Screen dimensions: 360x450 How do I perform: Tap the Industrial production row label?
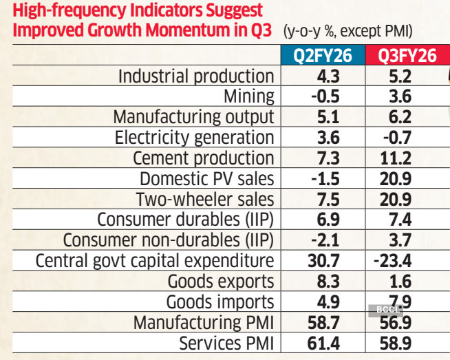click(x=196, y=76)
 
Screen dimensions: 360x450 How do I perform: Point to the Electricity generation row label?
click(x=194, y=138)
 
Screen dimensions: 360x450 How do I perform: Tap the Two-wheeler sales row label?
click(x=205, y=200)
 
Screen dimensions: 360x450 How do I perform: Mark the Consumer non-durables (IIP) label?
click(x=169, y=240)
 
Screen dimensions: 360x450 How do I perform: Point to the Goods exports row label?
click(x=221, y=282)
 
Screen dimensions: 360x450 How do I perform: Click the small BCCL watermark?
click(x=387, y=310)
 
